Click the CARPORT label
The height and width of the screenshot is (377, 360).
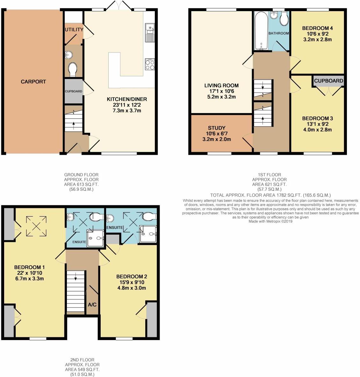[33, 82]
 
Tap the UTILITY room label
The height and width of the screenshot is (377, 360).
[74, 29]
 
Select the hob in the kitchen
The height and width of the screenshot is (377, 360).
[150, 64]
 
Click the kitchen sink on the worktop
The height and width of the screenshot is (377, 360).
[150, 32]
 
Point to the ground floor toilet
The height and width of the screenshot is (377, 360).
[72, 69]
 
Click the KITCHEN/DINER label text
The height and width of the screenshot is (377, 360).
[127, 99]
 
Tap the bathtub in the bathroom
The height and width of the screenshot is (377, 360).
[261, 31]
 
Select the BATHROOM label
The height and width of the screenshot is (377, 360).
[279, 33]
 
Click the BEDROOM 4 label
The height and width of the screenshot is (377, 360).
[317, 28]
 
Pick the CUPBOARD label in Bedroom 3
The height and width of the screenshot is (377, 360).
[329, 81]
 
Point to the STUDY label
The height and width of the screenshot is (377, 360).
[217, 128]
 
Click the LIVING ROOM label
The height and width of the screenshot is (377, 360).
[221, 85]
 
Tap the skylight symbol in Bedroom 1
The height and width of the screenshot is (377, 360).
[36, 226]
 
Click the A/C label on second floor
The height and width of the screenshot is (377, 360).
[92, 305]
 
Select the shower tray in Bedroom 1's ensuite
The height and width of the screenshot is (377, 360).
[96, 238]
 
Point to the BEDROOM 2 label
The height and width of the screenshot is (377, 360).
[132, 276]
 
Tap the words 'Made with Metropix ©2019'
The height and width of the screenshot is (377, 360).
[270, 221]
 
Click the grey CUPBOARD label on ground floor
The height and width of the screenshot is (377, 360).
[74, 91]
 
